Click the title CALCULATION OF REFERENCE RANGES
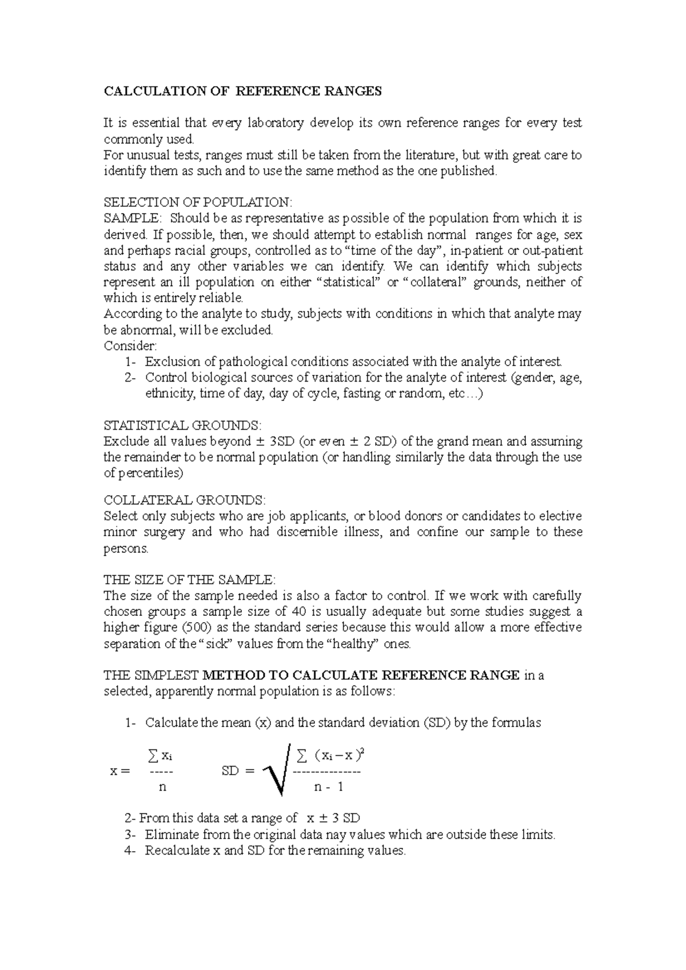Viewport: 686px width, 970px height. [x=242, y=91]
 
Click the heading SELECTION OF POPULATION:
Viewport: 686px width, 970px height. [x=198, y=202]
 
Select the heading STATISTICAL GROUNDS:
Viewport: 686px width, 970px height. [x=182, y=426]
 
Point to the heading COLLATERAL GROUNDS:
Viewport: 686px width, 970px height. [x=185, y=500]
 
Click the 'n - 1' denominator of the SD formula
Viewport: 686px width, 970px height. [x=329, y=787]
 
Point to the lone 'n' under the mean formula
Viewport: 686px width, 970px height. [x=162, y=787]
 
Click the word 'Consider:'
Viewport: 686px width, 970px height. [x=130, y=346]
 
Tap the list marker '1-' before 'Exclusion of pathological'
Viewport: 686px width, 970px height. [x=131, y=362]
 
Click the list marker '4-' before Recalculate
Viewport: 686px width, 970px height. [x=131, y=851]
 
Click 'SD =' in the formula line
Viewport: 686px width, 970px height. [x=237, y=771]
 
